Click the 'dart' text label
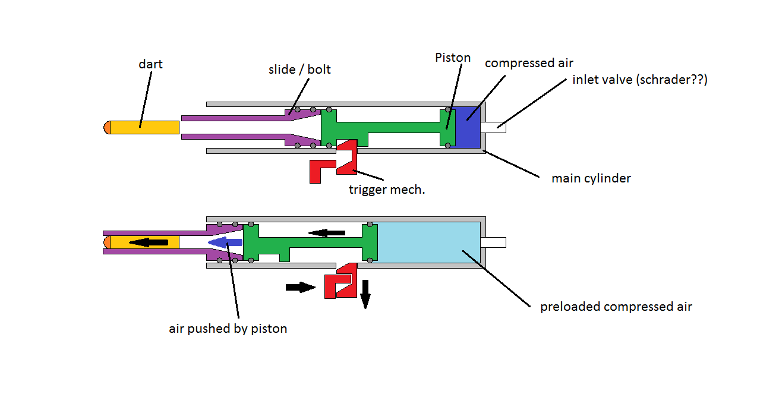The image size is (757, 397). coord(150,64)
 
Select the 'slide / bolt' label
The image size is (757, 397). coord(299,70)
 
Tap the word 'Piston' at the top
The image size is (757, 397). coord(453,58)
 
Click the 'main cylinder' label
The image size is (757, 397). coord(591,178)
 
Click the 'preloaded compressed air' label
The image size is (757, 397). coord(616,307)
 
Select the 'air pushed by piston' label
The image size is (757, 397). coord(228,328)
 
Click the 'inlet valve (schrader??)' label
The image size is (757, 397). coord(640,80)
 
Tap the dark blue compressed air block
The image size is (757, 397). coord(467,127)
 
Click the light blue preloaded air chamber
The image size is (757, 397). coord(428,242)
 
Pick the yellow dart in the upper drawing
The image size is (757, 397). coord(144,127)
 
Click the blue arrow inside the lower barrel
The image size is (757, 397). coord(225,242)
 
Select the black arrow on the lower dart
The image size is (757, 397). coord(148,242)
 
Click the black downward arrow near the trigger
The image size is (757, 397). coord(365,294)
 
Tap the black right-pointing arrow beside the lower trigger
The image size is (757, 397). coord(300,287)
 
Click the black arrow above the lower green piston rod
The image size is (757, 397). coord(327,232)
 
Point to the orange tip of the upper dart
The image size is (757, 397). coord(107,127)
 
